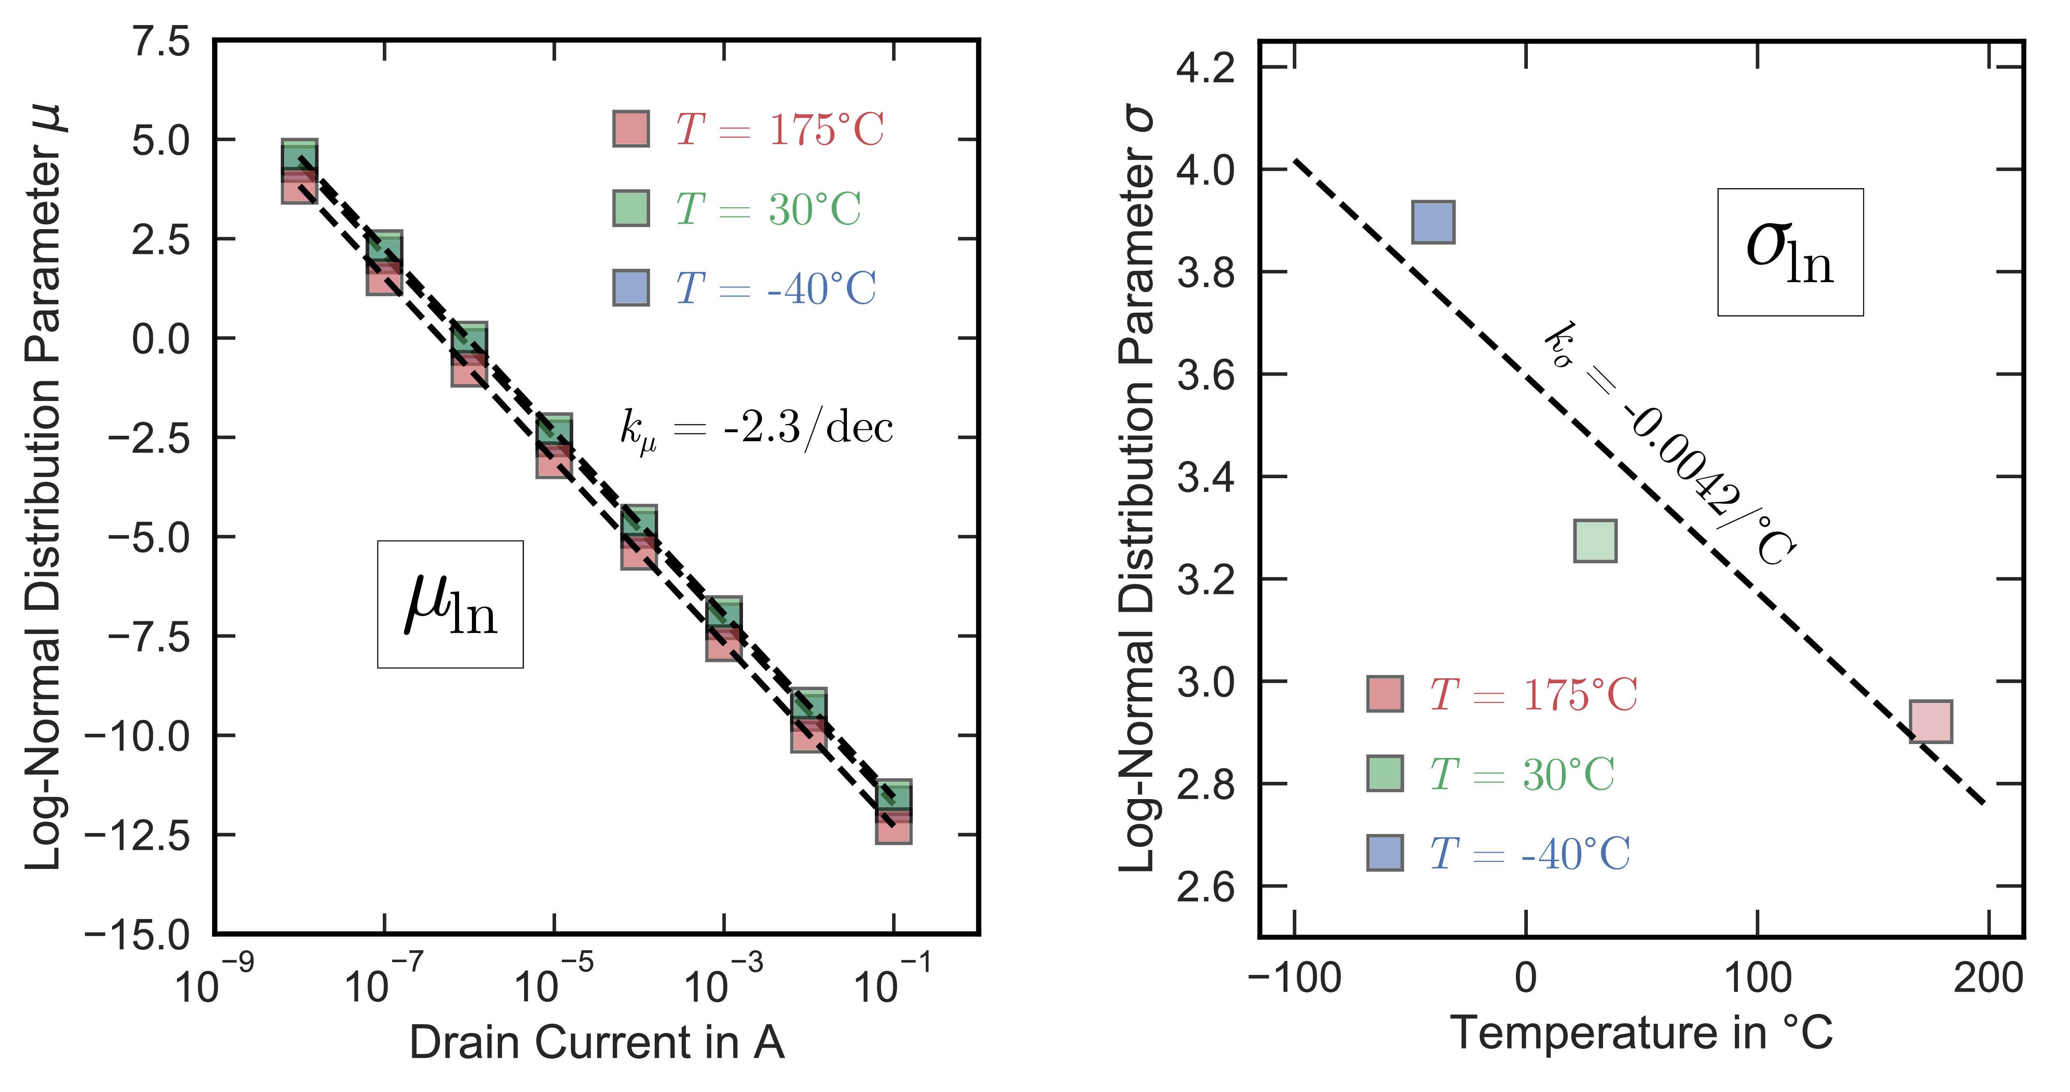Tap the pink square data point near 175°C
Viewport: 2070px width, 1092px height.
pos(1930,721)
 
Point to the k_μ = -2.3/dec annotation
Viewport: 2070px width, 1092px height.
pos(755,428)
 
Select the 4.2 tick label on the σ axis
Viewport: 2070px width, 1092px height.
pos(1205,67)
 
